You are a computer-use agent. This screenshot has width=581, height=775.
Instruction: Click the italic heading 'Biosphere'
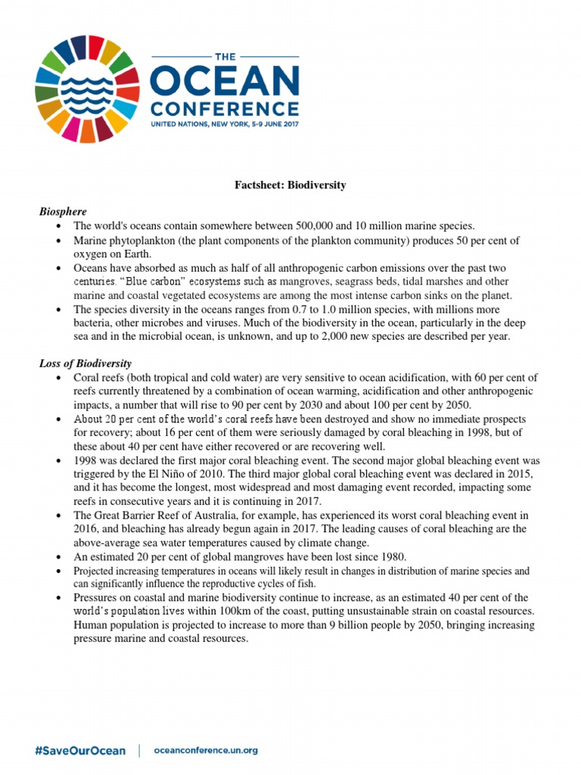pyautogui.click(x=63, y=211)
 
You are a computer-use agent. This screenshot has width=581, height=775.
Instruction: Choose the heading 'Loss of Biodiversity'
pyautogui.click(x=85, y=363)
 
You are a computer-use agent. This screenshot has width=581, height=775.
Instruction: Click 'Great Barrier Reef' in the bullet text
pyautogui.click(x=135, y=515)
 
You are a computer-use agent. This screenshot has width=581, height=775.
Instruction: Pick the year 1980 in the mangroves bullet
pyautogui.click(x=392, y=556)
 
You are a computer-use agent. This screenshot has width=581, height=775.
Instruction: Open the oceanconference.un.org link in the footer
pyautogui.click(x=206, y=730)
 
